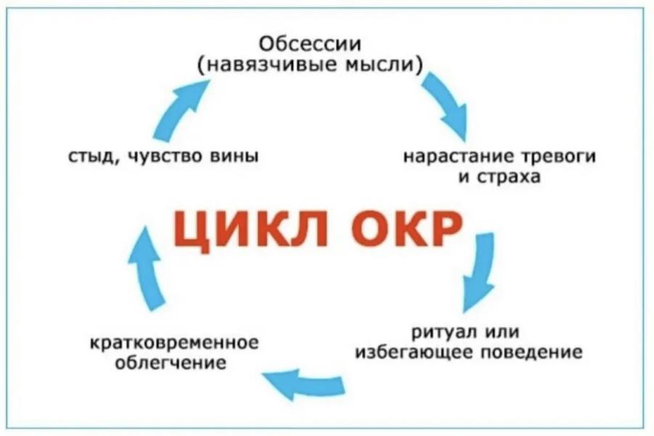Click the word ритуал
click(443, 333)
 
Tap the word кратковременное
click(176, 342)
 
